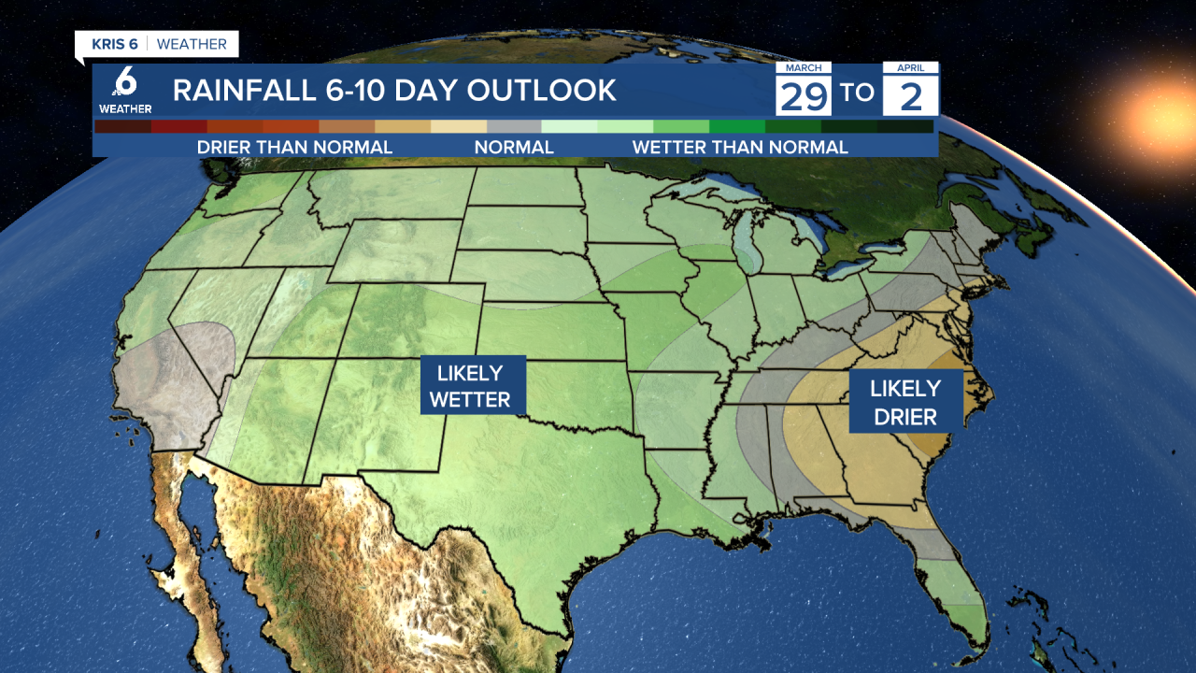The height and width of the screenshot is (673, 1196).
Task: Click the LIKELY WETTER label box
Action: [x=473, y=385]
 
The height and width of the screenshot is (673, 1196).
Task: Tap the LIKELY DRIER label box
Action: [x=905, y=401]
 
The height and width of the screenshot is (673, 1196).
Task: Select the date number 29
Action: [x=804, y=94]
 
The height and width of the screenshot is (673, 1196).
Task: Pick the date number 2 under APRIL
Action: [x=910, y=94]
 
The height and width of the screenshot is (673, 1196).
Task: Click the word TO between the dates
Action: [x=857, y=93]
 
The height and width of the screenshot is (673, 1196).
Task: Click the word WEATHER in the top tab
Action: [x=192, y=44]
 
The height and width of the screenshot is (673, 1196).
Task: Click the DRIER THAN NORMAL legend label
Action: [x=294, y=147]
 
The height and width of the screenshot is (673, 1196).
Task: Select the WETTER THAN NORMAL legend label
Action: [x=740, y=147]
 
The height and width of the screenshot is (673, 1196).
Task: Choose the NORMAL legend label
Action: [x=514, y=147]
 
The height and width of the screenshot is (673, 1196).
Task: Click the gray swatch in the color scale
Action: [x=515, y=126]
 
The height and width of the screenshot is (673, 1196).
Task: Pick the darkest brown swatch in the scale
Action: [x=122, y=126]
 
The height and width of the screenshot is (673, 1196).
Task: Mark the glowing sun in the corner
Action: [x=1164, y=107]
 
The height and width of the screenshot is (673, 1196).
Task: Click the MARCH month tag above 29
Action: [x=804, y=68]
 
